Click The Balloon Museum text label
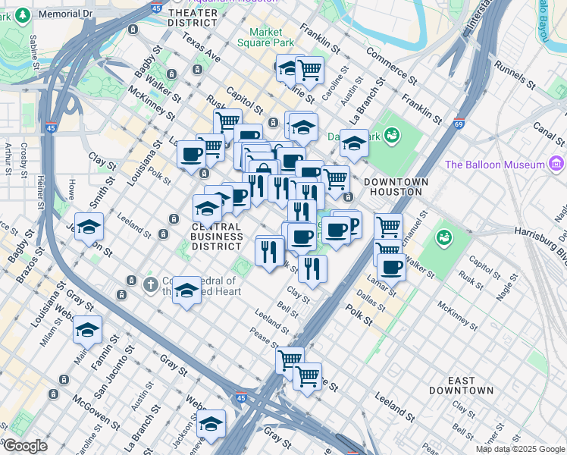494,165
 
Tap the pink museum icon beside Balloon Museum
557,164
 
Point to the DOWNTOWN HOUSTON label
396,187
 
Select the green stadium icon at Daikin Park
391,136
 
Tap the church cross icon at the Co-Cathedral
150,284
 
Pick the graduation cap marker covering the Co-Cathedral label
186,290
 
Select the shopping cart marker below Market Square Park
309,70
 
